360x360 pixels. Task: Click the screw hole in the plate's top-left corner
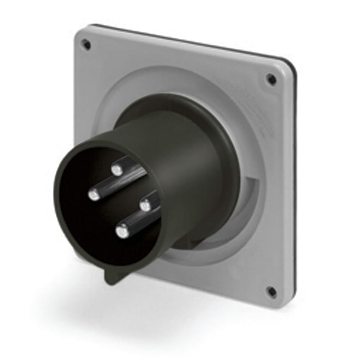(x=86, y=44)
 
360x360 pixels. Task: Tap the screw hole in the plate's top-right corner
(x=271, y=80)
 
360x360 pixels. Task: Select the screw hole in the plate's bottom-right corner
(x=271, y=292)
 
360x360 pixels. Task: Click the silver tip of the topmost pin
(x=117, y=170)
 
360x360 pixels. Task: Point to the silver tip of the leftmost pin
(x=94, y=194)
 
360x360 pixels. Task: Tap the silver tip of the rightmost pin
(x=144, y=206)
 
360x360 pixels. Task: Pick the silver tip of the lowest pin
(x=121, y=232)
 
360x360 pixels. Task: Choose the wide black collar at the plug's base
(x=225, y=148)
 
